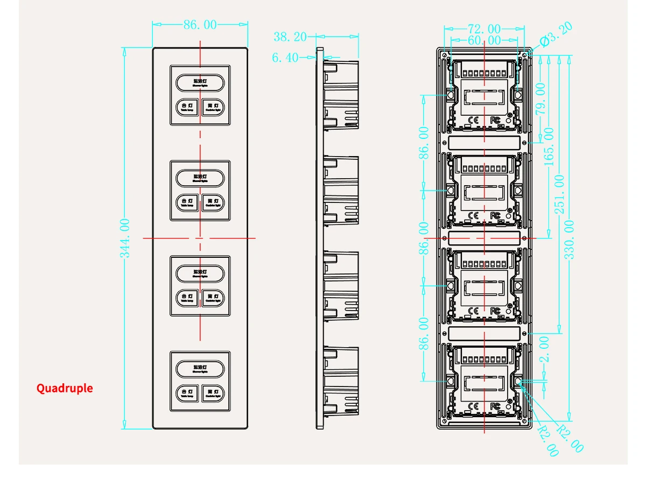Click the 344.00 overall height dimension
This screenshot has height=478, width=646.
(125, 237)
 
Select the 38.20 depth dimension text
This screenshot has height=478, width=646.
(290, 37)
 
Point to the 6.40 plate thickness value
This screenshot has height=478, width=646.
(285, 58)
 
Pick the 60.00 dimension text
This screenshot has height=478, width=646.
(484, 40)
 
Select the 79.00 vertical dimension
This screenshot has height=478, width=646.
(540, 97)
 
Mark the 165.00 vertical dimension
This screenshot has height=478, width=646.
(549, 146)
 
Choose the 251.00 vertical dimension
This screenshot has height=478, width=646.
(560, 194)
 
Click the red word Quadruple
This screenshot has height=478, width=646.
(65, 388)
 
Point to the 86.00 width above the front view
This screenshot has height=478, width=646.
(200, 25)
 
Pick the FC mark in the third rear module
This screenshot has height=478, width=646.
(496, 311)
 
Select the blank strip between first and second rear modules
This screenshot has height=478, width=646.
(484, 143)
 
